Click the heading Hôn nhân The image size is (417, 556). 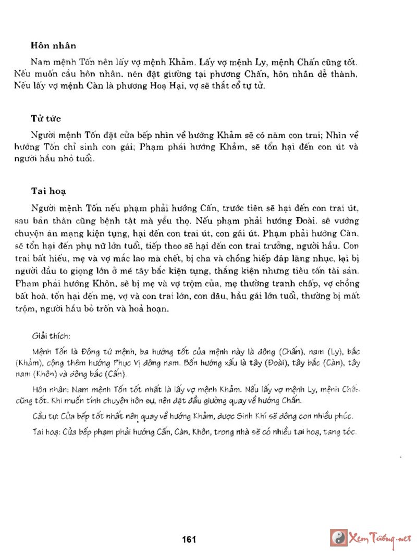(x=53, y=46)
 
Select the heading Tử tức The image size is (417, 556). (x=46, y=119)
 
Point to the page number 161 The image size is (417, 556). (x=189, y=539)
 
